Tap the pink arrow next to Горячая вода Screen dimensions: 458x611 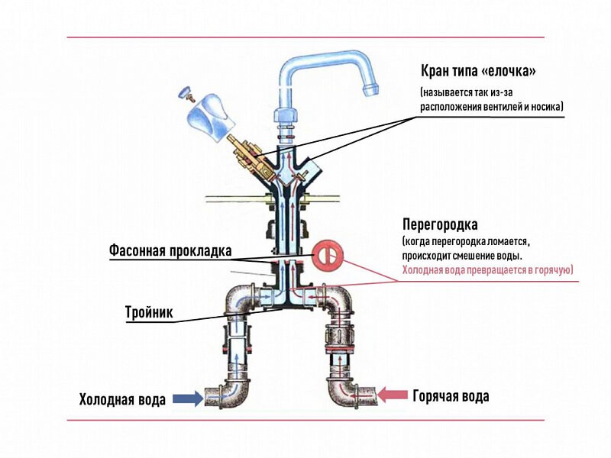(x=394, y=395)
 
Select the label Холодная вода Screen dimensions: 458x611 (x=122, y=400)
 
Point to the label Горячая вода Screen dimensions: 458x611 (x=451, y=396)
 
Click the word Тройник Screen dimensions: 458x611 (x=149, y=312)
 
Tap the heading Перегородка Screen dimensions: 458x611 (x=440, y=225)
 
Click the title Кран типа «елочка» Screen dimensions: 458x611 (x=479, y=71)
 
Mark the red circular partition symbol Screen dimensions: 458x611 (x=326, y=256)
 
